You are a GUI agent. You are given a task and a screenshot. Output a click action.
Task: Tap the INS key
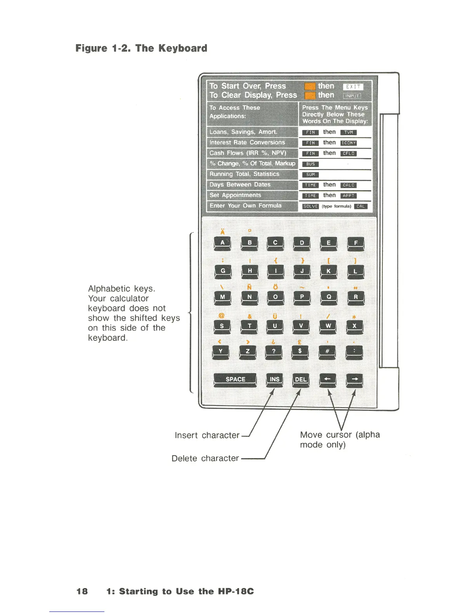[274, 379]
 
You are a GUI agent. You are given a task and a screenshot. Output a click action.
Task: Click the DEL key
[301, 379]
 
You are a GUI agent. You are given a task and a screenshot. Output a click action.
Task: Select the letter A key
[222, 243]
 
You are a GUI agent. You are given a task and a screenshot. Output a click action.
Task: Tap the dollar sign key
[300, 351]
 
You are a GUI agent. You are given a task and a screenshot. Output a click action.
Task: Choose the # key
[327, 351]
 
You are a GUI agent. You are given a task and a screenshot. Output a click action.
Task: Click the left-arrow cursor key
[328, 379]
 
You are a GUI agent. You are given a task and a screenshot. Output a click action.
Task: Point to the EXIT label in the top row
[353, 87]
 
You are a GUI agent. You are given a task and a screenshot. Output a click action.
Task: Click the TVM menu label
[348, 132]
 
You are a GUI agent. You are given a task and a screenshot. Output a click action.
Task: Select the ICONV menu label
[348, 143]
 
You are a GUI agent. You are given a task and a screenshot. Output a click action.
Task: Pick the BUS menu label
[310, 164]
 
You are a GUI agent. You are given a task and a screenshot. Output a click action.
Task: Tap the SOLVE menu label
[310, 207]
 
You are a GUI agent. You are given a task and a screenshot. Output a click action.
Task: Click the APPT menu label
[348, 196]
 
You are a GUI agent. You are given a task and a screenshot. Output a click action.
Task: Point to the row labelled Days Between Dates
[240, 184]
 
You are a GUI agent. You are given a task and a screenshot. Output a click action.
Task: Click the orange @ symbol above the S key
[222, 316]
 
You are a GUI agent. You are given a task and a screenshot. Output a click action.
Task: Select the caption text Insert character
[207, 435]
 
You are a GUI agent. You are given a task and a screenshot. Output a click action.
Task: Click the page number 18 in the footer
[82, 591]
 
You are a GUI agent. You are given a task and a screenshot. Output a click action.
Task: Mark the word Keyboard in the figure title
[183, 48]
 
